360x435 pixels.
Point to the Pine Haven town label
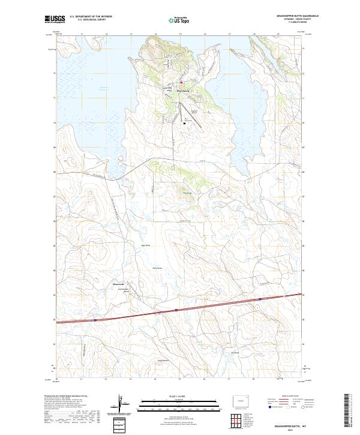click(182, 91)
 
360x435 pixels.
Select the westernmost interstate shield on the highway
click(95, 320)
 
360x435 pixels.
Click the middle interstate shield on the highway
click(176, 310)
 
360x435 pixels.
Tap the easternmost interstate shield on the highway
click(260, 298)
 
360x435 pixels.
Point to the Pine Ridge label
click(187, 193)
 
